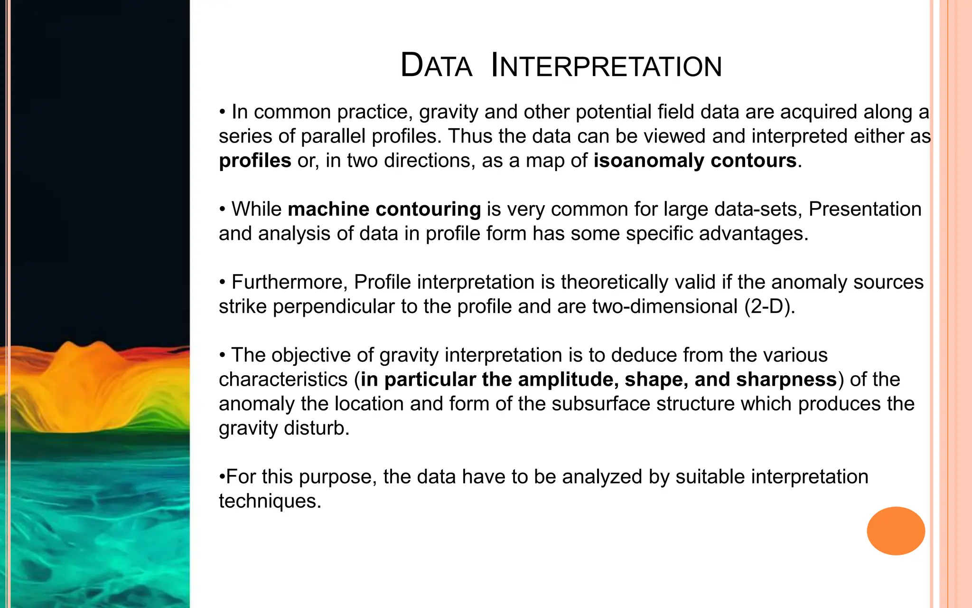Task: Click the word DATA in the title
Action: click(x=436, y=66)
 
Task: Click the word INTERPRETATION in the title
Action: click(x=606, y=66)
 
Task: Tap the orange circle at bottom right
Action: click(x=896, y=531)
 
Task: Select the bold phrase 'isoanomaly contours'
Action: click(x=695, y=161)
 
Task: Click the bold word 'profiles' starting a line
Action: click(x=255, y=161)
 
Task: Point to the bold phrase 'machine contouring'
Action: click(x=384, y=209)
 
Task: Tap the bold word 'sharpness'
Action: click(x=786, y=380)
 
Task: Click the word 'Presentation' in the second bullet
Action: click(x=865, y=209)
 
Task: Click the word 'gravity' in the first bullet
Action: click(x=449, y=112)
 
